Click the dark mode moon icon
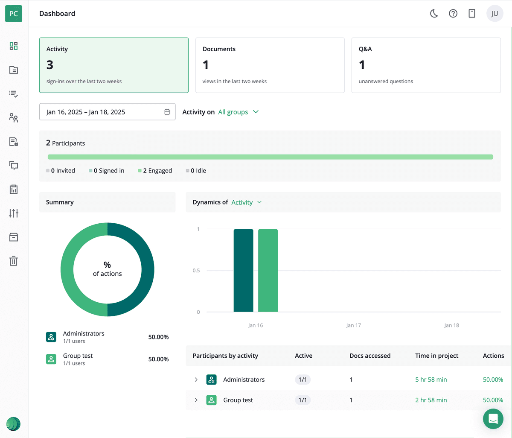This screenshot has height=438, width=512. (x=434, y=14)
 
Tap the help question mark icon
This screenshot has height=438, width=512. (x=453, y=14)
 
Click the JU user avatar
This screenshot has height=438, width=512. (x=495, y=14)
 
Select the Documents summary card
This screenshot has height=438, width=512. (x=270, y=65)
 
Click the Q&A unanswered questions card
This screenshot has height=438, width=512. (x=426, y=65)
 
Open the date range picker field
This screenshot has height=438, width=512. (x=107, y=112)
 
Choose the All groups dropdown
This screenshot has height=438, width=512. (x=238, y=112)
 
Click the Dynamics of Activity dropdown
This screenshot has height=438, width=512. (x=246, y=202)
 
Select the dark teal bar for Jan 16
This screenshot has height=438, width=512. (x=243, y=271)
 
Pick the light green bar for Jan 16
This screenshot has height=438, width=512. (x=268, y=271)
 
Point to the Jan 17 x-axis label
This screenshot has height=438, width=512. (x=353, y=325)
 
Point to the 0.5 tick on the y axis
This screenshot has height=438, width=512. (x=196, y=271)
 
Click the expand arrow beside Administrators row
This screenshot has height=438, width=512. (x=196, y=380)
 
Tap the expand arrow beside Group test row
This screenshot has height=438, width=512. (x=196, y=400)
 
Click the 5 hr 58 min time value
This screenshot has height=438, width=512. (x=431, y=380)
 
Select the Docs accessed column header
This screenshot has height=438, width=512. (x=370, y=356)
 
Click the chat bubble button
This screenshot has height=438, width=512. (x=493, y=419)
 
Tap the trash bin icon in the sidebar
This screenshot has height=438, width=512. (x=14, y=261)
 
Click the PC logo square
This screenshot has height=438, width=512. (x=14, y=14)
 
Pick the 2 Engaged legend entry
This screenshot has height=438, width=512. (x=155, y=171)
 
